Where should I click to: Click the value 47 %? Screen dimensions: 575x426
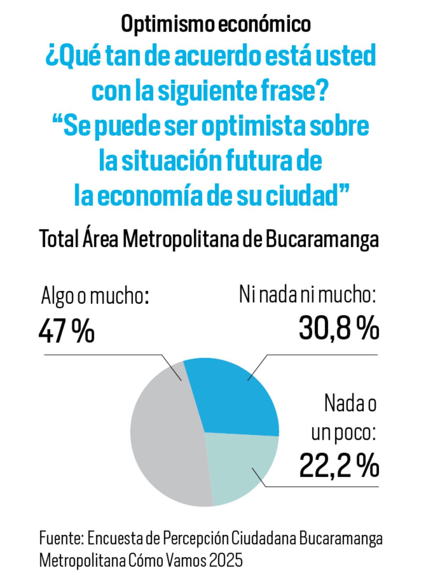[x=66, y=331]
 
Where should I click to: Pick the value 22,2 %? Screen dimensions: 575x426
[x=339, y=466]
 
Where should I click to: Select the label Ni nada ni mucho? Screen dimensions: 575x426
[x=307, y=295]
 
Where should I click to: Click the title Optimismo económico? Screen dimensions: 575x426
[x=216, y=24]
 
